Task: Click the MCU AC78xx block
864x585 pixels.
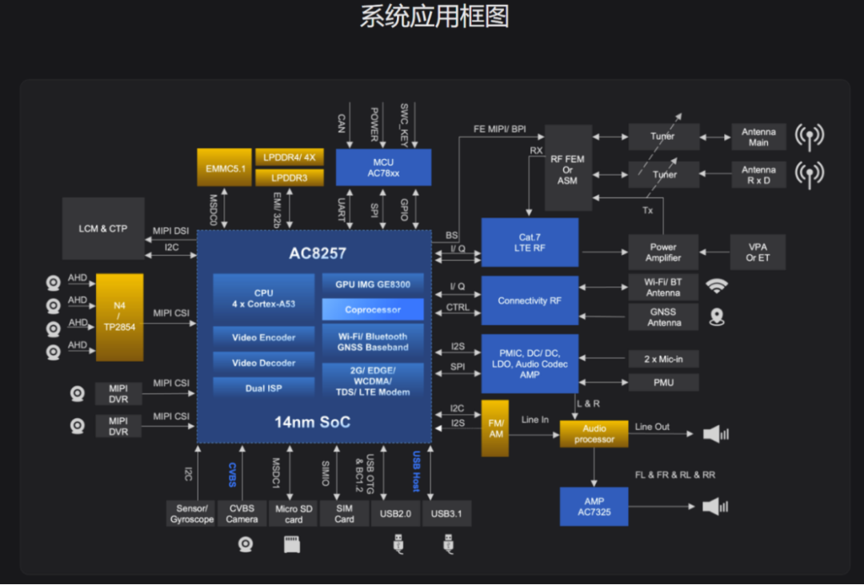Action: click(x=383, y=167)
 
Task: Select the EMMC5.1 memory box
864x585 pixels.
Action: click(x=224, y=167)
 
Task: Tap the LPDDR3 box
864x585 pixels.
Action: click(x=289, y=177)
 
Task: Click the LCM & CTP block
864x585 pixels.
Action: click(x=103, y=229)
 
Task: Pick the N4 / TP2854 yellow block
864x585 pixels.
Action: click(x=119, y=317)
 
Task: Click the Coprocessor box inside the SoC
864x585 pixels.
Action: click(x=373, y=309)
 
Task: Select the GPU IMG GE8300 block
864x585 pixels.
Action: click(x=373, y=284)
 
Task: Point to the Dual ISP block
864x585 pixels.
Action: click(x=263, y=388)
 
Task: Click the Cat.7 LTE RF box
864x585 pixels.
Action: click(x=530, y=242)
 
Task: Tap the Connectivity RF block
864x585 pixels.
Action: click(x=530, y=300)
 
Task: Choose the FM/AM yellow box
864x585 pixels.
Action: click(x=495, y=428)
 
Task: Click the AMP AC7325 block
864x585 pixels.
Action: click(x=594, y=507)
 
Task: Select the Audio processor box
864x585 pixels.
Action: click(x=594, y=434)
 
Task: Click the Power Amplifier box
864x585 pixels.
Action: click(x=663, y=253)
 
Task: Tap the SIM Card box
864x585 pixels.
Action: click(x=344, y=514)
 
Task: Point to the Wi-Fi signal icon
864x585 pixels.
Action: click(x=717, y=286)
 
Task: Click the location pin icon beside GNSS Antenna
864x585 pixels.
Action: click(x=717, y=317)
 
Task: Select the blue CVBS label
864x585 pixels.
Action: click(x=232, y=474)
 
